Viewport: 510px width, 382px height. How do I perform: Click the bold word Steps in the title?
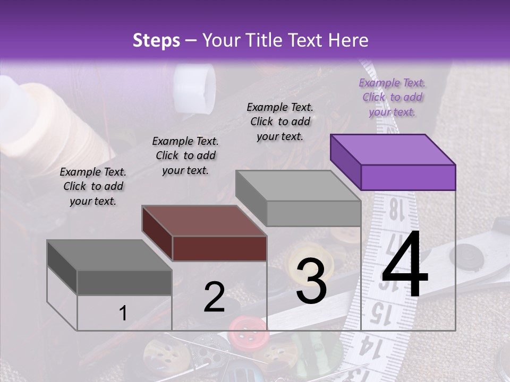point(156,40)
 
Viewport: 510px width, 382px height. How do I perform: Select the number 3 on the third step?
point(311,281)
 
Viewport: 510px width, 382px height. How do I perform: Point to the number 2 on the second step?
point(214,298)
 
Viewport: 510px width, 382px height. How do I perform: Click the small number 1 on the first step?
point(123,314)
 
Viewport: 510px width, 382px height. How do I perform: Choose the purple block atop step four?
point(393,162)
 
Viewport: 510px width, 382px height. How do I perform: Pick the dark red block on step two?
point(205,233)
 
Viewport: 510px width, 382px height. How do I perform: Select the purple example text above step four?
point(392,97)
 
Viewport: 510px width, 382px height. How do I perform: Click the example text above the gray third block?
point(280,121)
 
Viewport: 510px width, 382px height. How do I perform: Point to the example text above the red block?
point(185,155)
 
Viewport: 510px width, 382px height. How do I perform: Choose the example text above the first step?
point(92,186)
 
